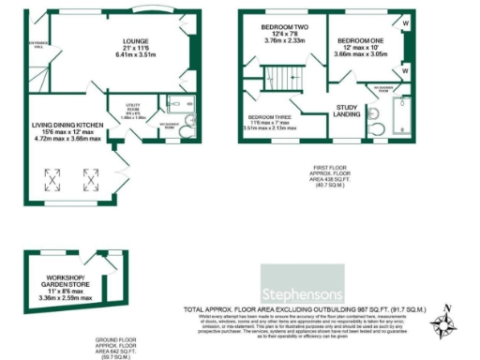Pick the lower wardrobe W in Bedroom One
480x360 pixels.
tap(404, 70)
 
